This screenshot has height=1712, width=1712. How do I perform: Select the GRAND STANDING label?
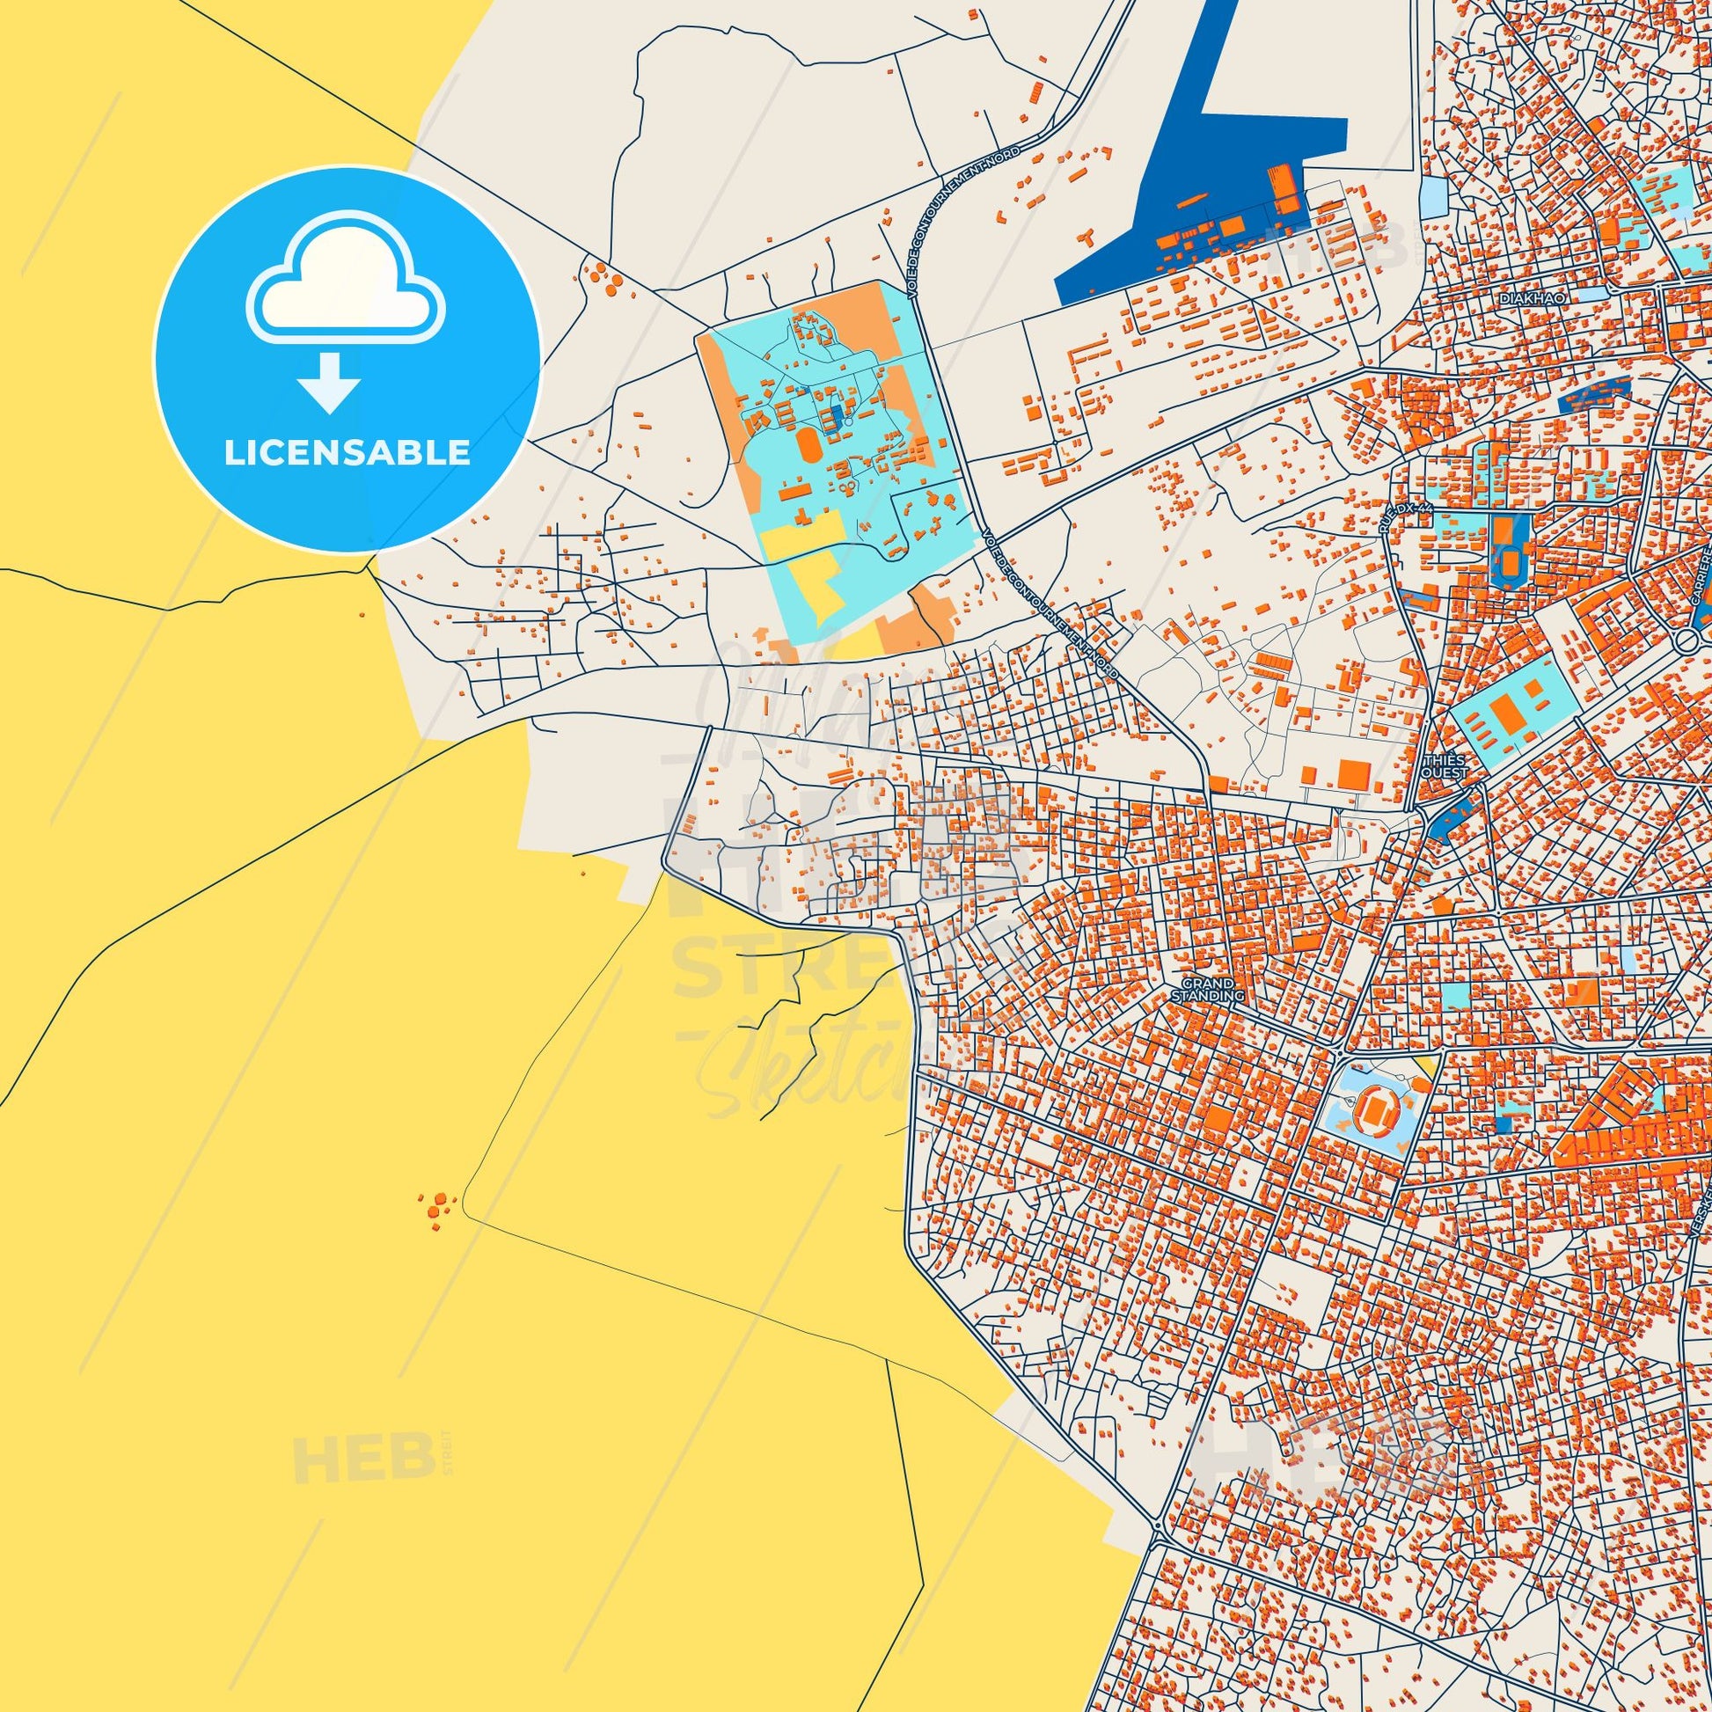(x=1208, y=990)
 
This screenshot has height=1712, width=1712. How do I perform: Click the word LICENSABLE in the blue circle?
(x=347, y=453)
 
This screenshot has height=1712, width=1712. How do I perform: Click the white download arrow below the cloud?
(x=329, y=383)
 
